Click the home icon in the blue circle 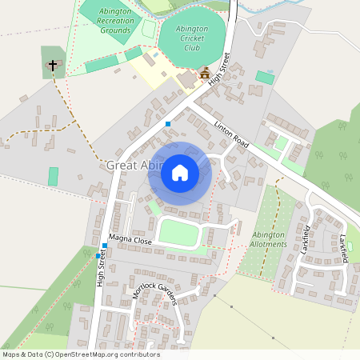(x=180, y=172)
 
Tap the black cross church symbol (x=54, y=65)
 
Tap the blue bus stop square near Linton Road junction (x=168, y=123)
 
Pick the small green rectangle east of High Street (x=264, y=78)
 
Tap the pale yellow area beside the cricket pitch (x=156, y=72)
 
